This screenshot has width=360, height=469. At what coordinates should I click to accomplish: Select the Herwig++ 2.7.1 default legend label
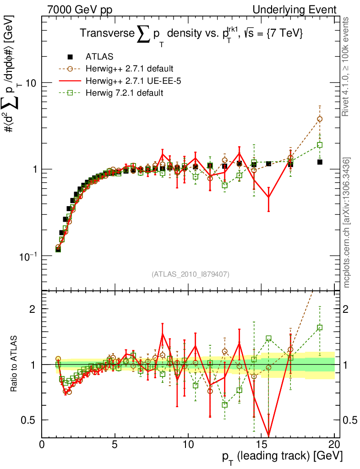[x=129, y=69]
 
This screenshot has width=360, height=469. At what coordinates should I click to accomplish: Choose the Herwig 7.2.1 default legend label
[x=124, y=93]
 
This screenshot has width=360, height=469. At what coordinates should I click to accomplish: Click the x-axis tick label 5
[x=115, y=445]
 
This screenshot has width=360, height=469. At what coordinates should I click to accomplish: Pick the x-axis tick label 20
[x=334, y=445]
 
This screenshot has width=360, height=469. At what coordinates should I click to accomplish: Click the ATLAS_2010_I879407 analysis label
[x=191, y=274]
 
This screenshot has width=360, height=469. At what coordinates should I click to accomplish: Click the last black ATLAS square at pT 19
[x=320, y=162]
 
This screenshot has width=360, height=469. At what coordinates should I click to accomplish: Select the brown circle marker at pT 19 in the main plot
[x=320, y=119]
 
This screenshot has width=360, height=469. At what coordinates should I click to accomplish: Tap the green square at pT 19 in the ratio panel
[x=320, y=327]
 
